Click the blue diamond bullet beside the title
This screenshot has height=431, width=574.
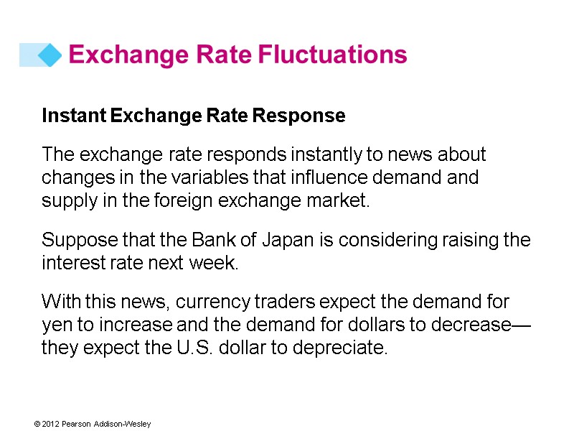[x=50, y=55]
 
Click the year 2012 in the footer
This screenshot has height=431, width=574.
[x=50, y=425]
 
